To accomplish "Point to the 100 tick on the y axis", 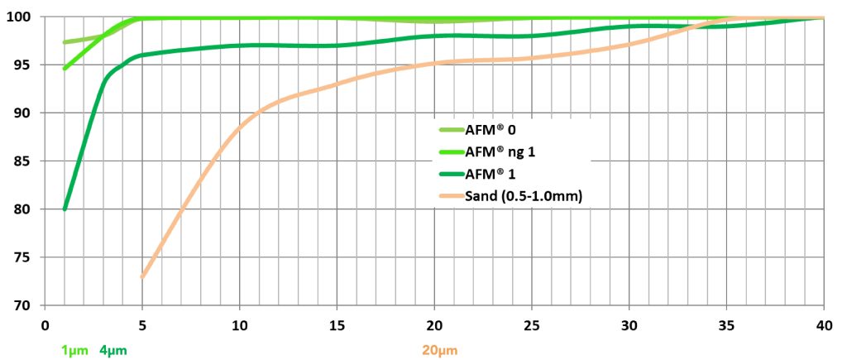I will (20, 17).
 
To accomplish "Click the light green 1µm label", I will (74, 350).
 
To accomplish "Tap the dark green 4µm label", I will (112, 350).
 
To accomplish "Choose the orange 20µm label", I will (439, 350).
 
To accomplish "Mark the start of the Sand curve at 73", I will (143, 276).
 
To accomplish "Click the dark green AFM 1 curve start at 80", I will (65, 209).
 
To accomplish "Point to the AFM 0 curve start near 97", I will (65, 42).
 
